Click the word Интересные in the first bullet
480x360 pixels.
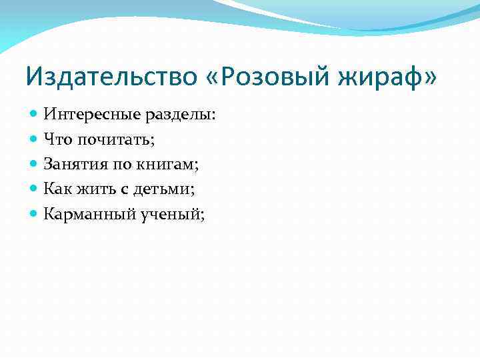pos(86,115)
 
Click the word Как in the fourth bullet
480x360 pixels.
pos(57,189)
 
